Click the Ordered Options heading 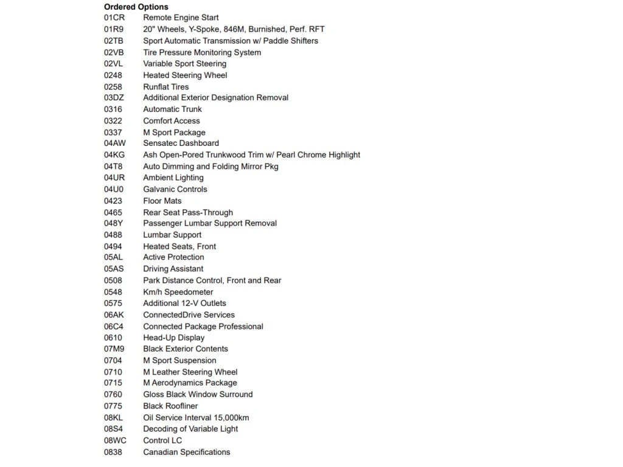point(136,7)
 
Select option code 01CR point(114,18)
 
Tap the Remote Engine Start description point(181,18)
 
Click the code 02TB point(114,41)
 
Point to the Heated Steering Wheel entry point(185,75)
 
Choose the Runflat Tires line point(166,87)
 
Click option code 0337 point(113,133)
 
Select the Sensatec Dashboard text point(181,144)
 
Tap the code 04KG point(114,155)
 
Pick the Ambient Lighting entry point(173,178)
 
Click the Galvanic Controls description point(175,189)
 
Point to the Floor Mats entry point(162,201)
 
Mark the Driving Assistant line point(173,269)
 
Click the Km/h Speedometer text point(178,292)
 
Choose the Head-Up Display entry point(174,337)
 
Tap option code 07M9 point(114,349)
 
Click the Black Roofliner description point(170,406)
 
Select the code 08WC point(115,440)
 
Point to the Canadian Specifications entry point(187,452)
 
